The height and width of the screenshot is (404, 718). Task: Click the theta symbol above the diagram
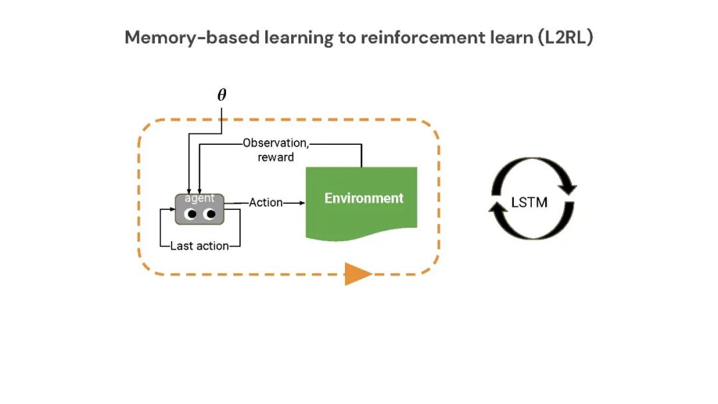click(222, 95)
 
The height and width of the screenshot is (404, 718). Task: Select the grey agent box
click(199, 208)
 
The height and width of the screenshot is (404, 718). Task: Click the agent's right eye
click(210, 214)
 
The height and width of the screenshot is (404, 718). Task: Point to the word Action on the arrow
click(266, 202)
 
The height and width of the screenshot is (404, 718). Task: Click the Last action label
click(199, 246)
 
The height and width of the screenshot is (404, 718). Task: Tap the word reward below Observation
click(276, 157)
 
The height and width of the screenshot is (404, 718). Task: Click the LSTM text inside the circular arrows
click(530, 202)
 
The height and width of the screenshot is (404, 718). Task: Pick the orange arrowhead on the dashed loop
click(358, 273)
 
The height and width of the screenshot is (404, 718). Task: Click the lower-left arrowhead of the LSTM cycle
click(497, 210)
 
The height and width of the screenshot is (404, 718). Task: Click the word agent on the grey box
click(199, 198)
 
